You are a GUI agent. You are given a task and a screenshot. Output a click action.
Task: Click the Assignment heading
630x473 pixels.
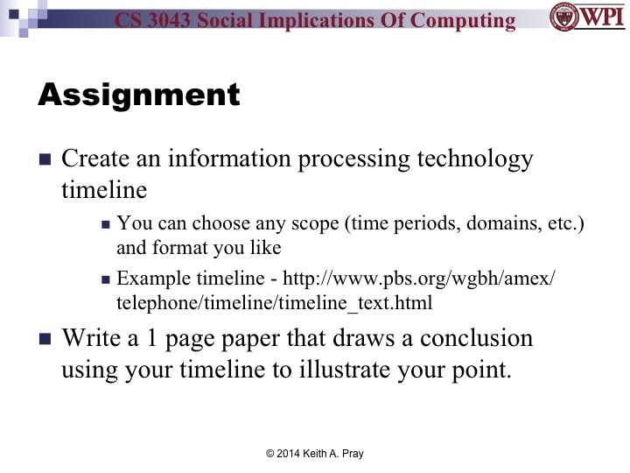coord(138,95)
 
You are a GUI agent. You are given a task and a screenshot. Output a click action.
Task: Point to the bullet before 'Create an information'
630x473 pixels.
coord(45,161)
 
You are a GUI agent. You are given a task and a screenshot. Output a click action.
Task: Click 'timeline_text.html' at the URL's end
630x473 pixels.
coord(352,302)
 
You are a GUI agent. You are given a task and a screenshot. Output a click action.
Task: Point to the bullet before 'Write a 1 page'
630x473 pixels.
coord(45,339)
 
